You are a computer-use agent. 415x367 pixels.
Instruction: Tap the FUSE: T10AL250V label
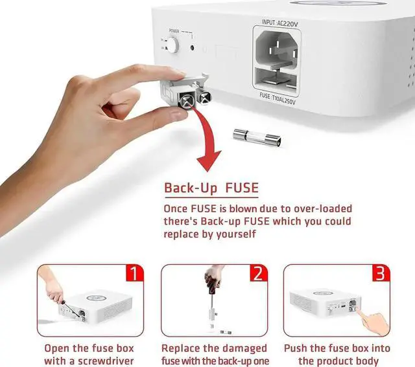(276, 101)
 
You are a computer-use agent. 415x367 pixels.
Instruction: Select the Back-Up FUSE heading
(211, 188)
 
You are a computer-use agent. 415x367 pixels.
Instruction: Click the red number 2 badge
(258, 272)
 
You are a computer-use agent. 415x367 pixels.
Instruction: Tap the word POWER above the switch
(174, 30)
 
